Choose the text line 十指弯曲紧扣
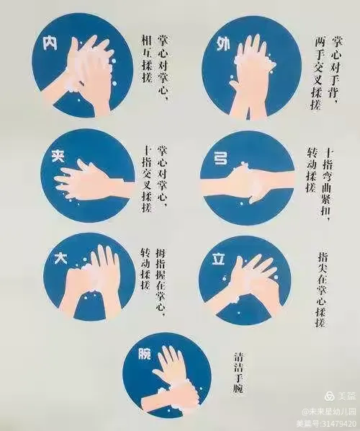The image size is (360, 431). pyautogui.click(x=328, y=182)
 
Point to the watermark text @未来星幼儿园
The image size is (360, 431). pyautogui.click(x=328, y=409)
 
